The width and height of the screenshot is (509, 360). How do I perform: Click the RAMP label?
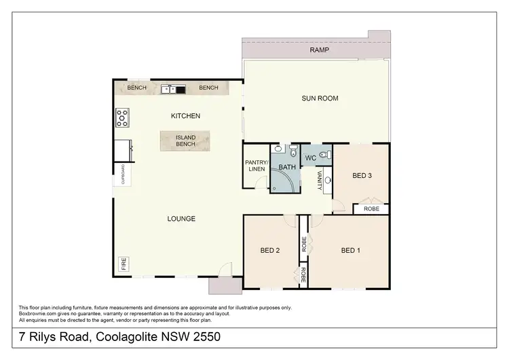point(320,50)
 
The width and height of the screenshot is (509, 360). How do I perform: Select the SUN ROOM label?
point(320,98)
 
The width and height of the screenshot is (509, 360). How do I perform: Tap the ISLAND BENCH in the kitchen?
point(186,141)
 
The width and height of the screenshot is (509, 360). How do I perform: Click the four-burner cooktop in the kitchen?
point(123,118)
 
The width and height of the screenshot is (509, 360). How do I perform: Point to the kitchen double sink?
point(173,88)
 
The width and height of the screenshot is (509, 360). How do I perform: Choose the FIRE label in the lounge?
point(124,264)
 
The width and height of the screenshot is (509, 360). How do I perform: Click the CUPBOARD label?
point(122,174)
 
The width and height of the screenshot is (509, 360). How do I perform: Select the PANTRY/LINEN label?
point(256,165)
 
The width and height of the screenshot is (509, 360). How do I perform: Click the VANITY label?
point(320,180)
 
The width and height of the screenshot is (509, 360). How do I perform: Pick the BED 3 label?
point(362,176)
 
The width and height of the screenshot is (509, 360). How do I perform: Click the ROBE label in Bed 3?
point(371,209)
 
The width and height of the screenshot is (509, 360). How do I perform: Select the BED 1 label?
point(350,251)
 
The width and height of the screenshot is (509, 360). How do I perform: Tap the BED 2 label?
point(270,251)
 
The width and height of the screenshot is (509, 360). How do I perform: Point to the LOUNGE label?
point(181,219)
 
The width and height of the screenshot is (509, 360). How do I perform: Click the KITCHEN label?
point(185,116)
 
